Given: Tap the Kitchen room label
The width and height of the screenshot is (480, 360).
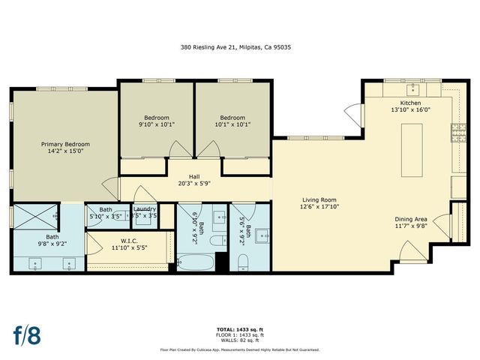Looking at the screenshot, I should coord(410,103).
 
